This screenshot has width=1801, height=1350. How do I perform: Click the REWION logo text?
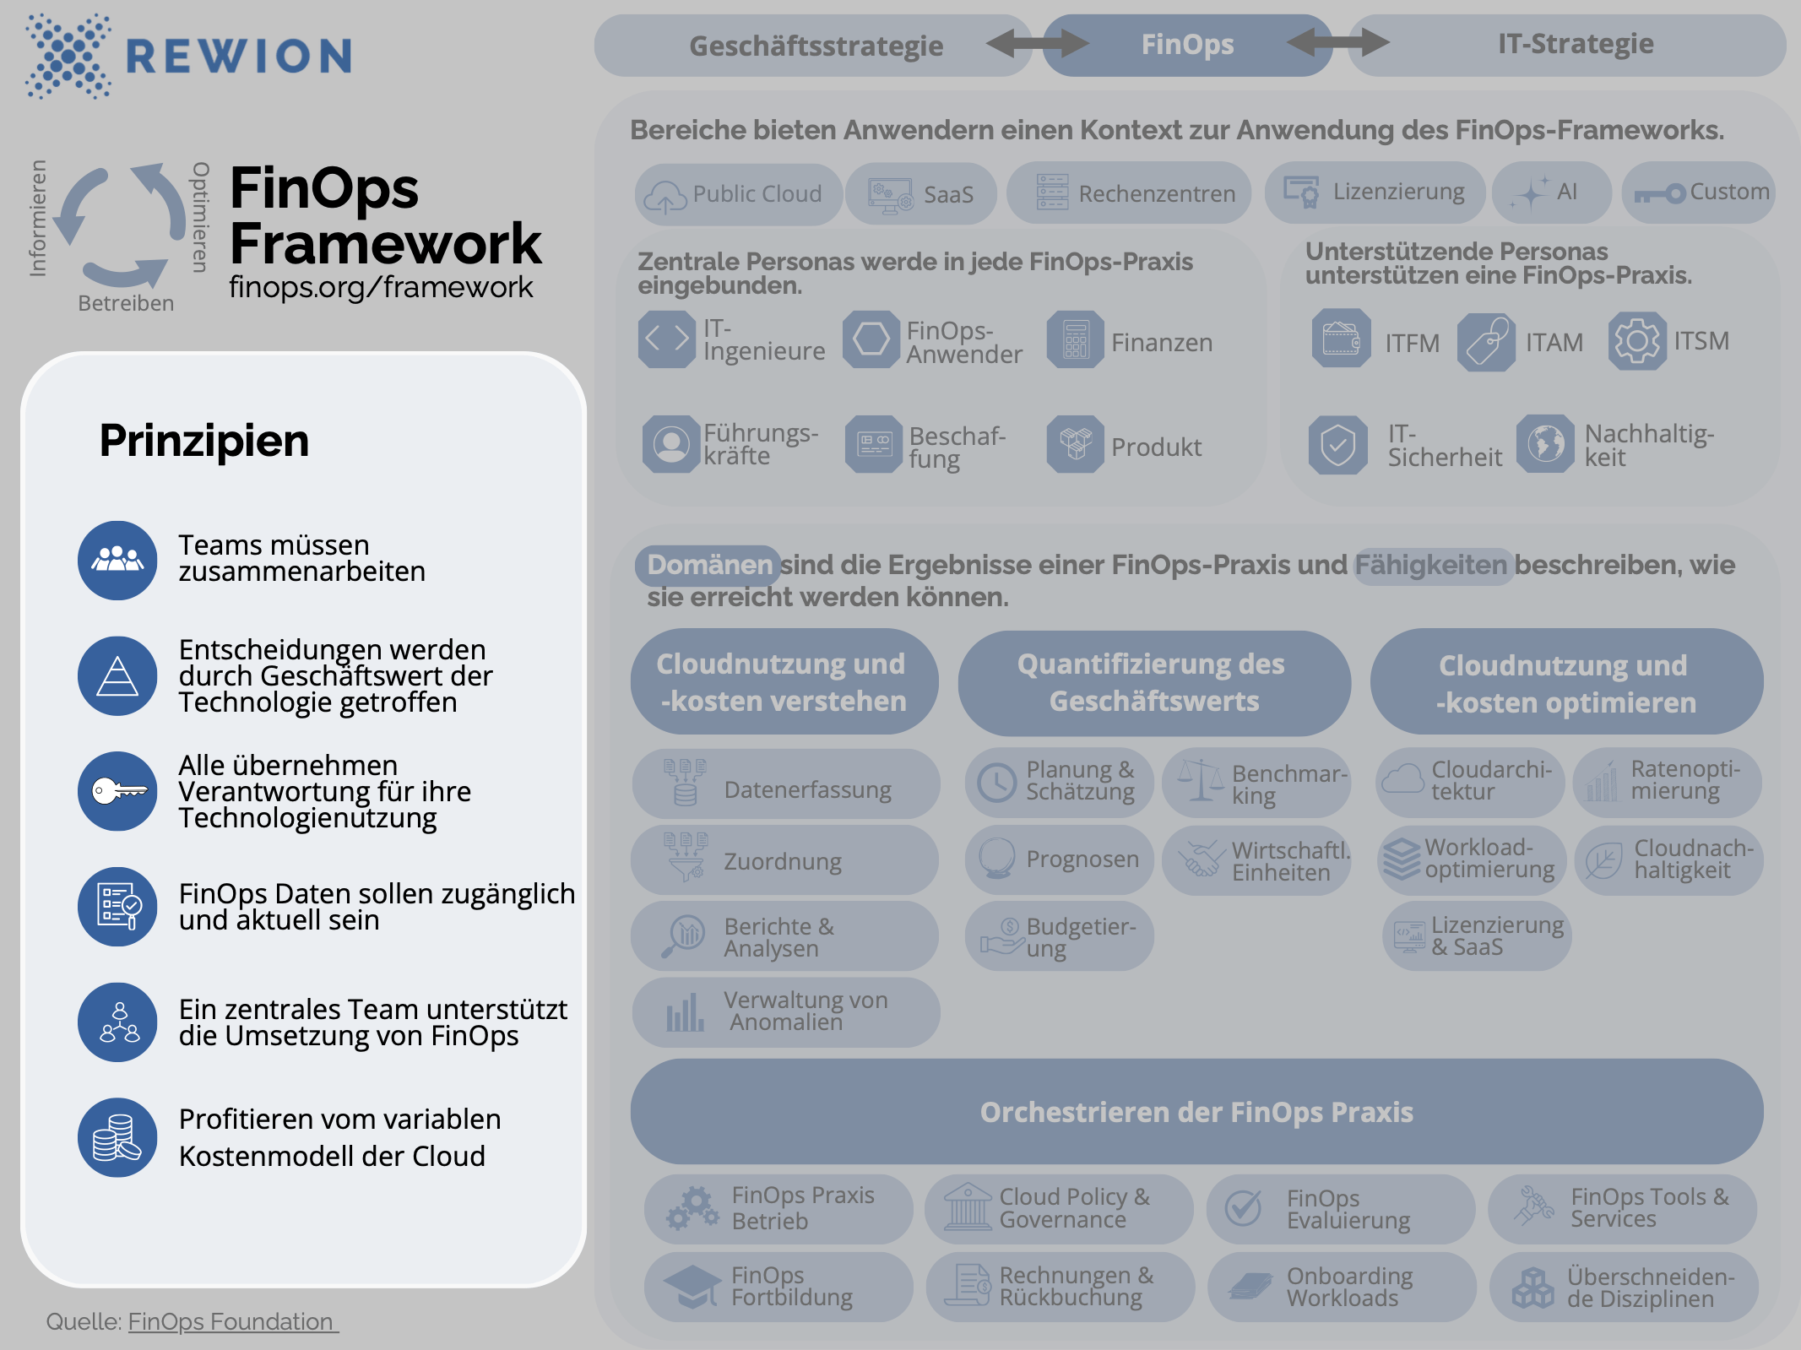[x=238, y=56]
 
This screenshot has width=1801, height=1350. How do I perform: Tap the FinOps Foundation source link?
[x=232, y=1321]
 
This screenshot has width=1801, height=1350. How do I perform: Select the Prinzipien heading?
[x=204, y=441]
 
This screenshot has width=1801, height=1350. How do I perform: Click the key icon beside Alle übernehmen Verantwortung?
[x=117, y=792]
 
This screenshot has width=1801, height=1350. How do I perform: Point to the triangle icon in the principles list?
[x=117, y=676]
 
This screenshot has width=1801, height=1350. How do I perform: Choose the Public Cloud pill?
[x=738, y=194]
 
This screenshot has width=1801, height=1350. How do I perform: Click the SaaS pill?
[x=921, y=194]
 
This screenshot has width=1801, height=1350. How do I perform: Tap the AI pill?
[x=1551, y=192]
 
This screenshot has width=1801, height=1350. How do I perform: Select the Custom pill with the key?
[x=1698, y=192]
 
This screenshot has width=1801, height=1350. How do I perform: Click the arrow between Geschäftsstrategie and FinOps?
[x=1037, y=43]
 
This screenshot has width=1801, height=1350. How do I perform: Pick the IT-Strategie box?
[x=1575, y=44]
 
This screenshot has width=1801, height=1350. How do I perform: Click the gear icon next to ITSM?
[x=1637, y=341]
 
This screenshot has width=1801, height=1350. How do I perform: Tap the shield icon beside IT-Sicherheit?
[x=1338, y=445]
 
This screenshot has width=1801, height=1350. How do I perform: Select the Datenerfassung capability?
[x=785, y=785]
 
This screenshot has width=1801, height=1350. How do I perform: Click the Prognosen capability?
[x=1059, y=859]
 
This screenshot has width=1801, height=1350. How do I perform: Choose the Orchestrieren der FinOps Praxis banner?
[x=1196, y=1112]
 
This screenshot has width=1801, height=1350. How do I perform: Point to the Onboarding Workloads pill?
[x=1342, y=1287]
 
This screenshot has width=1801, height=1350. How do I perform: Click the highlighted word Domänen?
[x=708, y=565]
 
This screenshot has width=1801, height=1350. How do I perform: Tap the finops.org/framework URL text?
[x=381, y=287]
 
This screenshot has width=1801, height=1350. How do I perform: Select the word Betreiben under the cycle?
[x=126, y=303]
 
